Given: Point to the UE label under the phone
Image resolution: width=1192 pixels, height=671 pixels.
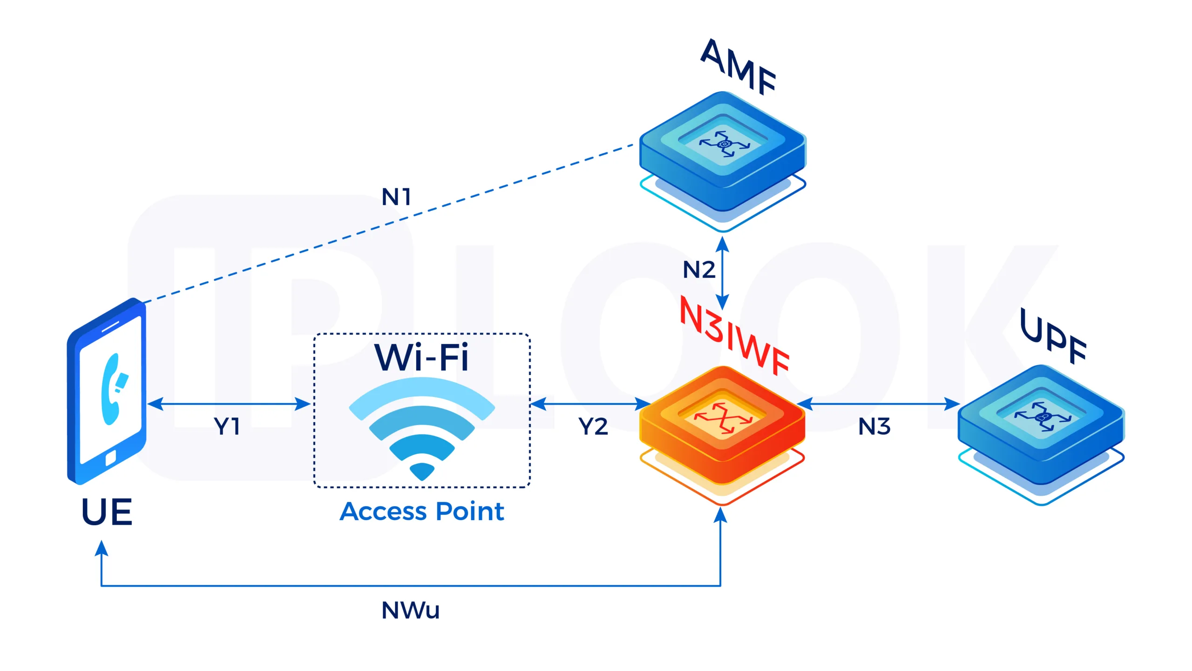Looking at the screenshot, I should [107, 512].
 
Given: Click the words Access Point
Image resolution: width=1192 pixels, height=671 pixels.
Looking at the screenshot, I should [422, 512].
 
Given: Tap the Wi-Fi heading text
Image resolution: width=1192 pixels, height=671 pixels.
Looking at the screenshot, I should [422, 358].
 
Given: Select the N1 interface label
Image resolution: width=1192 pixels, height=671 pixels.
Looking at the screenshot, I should [396, 197].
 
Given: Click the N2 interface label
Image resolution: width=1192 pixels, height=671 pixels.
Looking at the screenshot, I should [698, 270].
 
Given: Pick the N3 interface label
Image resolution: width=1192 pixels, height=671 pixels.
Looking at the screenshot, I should [874, 426].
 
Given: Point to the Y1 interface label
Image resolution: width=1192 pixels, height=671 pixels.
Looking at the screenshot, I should [227, 426].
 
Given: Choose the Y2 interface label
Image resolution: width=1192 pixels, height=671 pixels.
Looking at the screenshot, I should [593, 426].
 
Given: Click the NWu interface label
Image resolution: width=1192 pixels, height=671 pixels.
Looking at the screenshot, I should [410, 610].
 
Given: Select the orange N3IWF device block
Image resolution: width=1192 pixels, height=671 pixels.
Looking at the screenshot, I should [722, 424].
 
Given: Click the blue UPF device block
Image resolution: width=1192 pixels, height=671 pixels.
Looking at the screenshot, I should [1041, 424].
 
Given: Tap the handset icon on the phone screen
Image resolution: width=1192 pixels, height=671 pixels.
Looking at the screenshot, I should [113, 390].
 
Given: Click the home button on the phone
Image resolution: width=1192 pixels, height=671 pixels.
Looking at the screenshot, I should [111, 458].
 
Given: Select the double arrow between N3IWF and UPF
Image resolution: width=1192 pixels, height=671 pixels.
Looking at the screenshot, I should [878, 404].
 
